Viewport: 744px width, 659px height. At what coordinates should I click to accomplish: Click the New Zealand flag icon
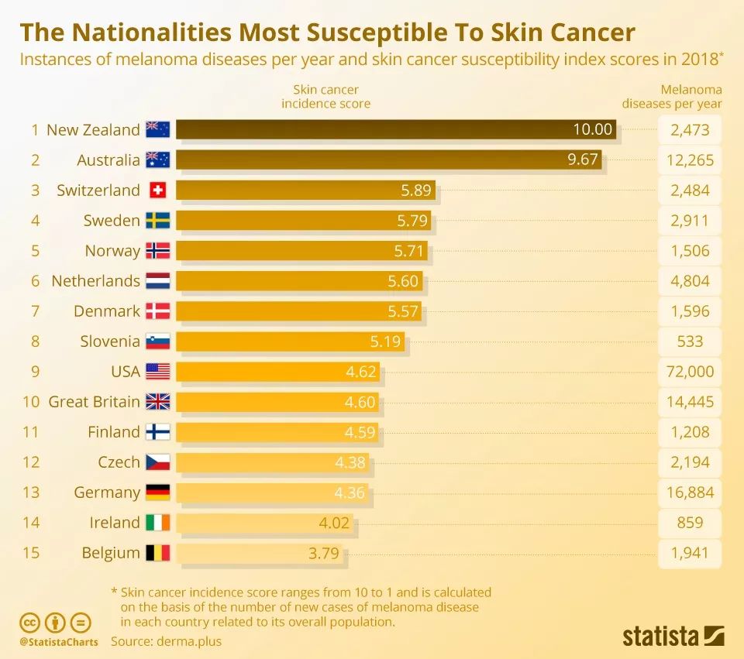tap(157, 129)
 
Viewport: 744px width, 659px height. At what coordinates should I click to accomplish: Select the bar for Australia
tap(387, 160)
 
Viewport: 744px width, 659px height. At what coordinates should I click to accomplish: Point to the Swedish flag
tap(157, 221)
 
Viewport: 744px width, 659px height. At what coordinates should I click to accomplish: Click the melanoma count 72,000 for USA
tap(690, 372)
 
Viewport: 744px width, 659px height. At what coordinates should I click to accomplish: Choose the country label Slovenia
tap(110, 342)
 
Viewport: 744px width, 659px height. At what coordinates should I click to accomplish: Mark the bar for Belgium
tap(260, 553)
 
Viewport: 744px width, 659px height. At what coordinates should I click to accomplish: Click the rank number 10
tap(31, 402)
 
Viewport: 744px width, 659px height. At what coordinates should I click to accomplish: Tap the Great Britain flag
tap(157, 402)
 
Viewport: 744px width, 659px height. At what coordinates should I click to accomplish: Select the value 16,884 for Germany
tap(690, 493)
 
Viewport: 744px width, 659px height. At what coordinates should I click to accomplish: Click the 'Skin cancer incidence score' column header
tap(325, 97)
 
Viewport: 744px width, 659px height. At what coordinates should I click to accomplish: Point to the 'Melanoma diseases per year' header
tap(672, 97)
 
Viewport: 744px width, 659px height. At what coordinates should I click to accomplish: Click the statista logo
tap(673, 637)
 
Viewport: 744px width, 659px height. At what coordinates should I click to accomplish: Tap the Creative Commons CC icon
tap(30, 622)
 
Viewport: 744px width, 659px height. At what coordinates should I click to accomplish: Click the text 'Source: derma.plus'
tap(166, 641)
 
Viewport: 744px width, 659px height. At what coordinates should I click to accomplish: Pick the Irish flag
tap(157, 523)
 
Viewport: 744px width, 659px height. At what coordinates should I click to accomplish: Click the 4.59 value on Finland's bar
tap(360, 432)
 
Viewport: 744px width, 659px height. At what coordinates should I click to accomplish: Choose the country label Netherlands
tap(95, 281)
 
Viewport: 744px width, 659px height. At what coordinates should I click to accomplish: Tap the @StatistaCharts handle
tap(59, 642)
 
